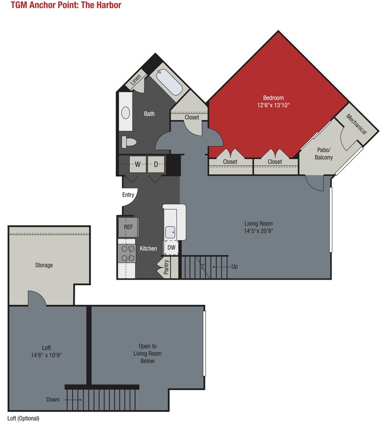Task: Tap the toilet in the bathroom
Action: pos(129,142)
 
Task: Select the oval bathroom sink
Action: pos(125,113)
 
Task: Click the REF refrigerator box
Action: pos(128,227)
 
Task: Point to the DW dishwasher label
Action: pos(171,247)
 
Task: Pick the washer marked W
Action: pos(137,164)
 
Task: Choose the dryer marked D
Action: pos(156,164)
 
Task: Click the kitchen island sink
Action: pos(171,232)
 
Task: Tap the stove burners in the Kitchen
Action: pos(126,253)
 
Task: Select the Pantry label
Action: pos(166,268)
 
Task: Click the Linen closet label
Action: pos(136,80)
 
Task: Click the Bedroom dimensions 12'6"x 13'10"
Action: pos(273,105)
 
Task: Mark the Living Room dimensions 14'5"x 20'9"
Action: pos(258,231)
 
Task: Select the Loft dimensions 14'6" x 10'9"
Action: pos(46,355)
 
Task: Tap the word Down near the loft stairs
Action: pos(53,399)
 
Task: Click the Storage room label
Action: pos(44,265)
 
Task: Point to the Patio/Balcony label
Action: pos(324,153)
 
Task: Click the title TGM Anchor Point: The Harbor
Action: pos(66,6)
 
